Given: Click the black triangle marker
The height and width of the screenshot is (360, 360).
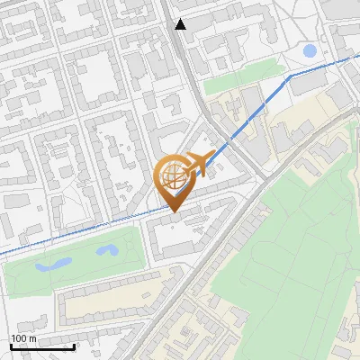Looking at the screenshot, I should coord(181,24).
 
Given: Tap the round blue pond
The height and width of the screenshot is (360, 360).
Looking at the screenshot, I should coord(310,50).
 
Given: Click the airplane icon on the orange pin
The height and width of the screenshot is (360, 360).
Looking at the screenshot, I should coord(200,164).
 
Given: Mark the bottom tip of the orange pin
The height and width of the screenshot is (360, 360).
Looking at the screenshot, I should coord(174,212).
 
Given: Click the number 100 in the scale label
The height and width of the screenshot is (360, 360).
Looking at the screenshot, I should coord(19,337).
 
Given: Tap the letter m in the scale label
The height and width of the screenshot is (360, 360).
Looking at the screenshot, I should coord(32,337).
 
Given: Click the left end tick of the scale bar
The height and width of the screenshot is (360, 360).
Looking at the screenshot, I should coord(11,345).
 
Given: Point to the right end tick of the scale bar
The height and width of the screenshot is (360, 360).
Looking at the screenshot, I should coord(74,345).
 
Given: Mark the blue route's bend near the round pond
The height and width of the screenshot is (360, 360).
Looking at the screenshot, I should coord(287,78).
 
